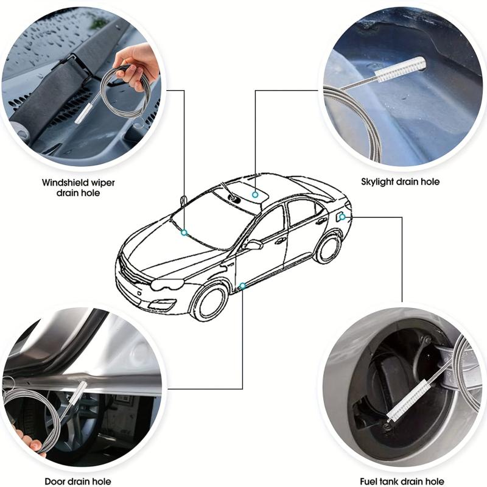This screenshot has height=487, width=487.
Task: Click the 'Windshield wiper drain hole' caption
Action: point(79,187)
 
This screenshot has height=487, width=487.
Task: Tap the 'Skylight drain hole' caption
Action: point(401,181)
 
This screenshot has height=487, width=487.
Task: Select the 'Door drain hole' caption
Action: point(78,482)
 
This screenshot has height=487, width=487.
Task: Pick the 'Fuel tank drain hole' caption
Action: point(402,482)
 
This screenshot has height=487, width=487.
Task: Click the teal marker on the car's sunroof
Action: point(255,195)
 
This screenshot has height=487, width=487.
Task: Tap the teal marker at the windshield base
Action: point(184,233)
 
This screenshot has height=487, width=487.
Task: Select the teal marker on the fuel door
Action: point(342,217)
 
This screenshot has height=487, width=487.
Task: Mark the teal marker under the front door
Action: point(242,286)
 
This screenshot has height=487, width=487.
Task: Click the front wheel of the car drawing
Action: point(209,302)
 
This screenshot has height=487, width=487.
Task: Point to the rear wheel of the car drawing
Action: point(328,248)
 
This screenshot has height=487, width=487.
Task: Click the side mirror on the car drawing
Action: point(253,245)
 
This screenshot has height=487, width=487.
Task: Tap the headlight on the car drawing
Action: point(167,284)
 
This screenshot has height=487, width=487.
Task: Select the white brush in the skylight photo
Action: point(399,70)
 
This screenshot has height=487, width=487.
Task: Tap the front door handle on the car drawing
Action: point(281,240)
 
